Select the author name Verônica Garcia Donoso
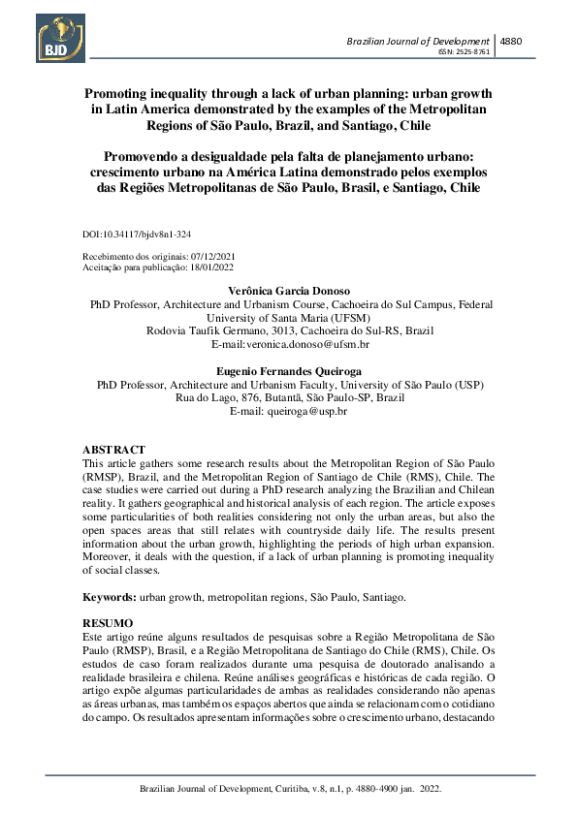point(287,290)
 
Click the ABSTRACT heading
point(113,451)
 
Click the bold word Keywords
point(108,598)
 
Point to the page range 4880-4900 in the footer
point(363,791)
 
